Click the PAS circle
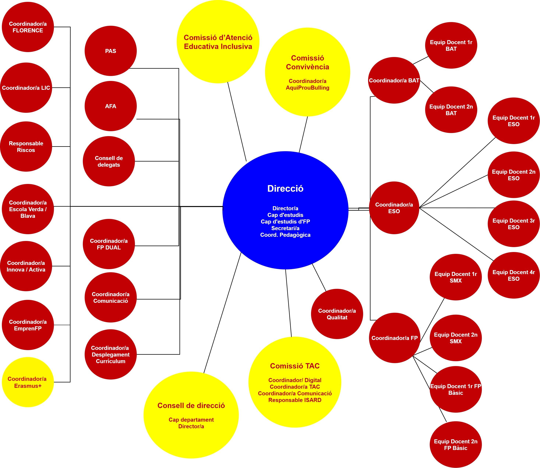click(x=110, y=51)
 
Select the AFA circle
click(x=110, y=106)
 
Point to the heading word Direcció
click(x=285, y=189)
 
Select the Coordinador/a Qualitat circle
click(x=337, y=314)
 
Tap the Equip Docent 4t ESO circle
click(x=514, y=275)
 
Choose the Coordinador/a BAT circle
click(x=394, y=80)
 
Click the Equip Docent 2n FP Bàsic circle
click(x=456, y=444)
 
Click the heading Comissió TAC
click(x=295, y=366)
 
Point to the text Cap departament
click(x=191, y=420)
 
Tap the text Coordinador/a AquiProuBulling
click(x=308, y=84)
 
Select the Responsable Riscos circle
click(x=26, y=146)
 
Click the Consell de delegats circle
click(x=109, y=161)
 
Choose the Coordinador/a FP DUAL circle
click(x=109, y=244)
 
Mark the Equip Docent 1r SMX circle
click(x=456, y=277)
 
